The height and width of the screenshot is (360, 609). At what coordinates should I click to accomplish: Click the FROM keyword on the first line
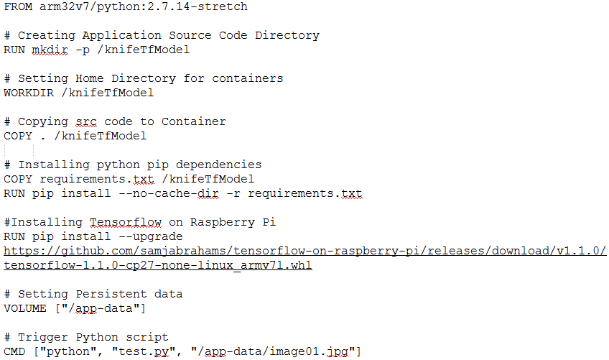click(18, 6)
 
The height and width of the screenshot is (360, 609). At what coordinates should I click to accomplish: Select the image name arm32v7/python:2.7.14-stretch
click(144, 7)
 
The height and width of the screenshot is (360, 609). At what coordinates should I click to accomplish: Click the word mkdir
click(50, 50)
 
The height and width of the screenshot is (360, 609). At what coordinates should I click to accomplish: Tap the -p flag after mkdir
click(83, 50)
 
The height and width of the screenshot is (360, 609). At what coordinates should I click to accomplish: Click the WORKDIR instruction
click(29, 93)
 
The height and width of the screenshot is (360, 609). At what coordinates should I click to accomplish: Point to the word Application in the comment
click(121, 36)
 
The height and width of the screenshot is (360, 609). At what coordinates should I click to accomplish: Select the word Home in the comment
click(89, 78)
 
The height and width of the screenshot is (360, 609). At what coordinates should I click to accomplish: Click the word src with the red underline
click(86, 121)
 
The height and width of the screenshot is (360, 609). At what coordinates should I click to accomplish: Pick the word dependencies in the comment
click(218, 165)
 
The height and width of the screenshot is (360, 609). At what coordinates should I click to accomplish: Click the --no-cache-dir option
click(168, 193)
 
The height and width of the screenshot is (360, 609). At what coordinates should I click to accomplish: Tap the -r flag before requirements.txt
click(233, 194)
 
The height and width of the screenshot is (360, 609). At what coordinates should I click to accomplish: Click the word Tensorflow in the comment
click(126, 222)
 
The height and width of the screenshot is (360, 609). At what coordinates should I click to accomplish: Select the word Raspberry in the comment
click(222, 222)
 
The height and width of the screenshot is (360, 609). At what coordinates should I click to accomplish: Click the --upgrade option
click(150, 237)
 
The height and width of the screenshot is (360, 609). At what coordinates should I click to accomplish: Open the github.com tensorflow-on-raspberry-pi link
click(305, 251)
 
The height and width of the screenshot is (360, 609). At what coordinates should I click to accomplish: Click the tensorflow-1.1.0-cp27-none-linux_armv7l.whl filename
click(158, 266)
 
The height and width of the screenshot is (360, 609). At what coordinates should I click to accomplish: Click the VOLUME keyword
click(25, 309)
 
